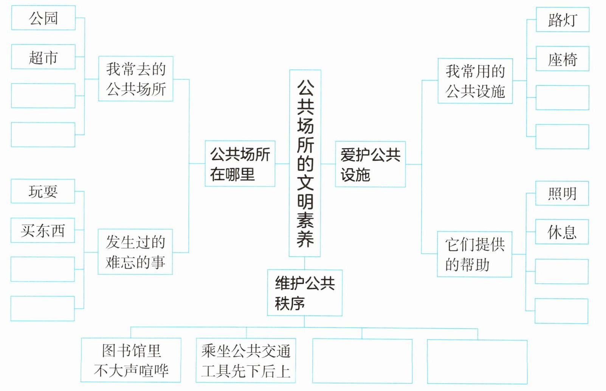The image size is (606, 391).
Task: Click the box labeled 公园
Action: [43, 18]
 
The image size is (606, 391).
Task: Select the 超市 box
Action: [43, 57]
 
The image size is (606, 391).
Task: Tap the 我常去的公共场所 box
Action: [136, 79]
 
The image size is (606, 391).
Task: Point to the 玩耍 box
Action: [43, 192]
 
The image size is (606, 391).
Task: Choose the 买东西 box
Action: [43, 230]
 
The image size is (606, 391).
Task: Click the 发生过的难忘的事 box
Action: [135, 252]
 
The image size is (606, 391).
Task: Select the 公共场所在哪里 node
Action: [240, 164]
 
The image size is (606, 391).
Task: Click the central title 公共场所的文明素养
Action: [305, 163]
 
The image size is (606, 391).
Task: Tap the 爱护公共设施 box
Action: [370, 164]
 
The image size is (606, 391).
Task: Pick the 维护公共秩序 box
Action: [305, 293]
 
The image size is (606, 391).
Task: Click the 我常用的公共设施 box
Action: [475, 81]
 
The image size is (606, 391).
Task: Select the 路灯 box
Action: [563, 20]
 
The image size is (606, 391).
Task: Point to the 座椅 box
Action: [563, 59]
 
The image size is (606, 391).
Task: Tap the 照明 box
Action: [562, 193]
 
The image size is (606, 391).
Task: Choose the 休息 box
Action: [562, 232]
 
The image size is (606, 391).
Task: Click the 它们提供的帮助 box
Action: [475, 254]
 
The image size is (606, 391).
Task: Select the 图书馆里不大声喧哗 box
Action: [131, 360]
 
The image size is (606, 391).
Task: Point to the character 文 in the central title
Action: [305, 182]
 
